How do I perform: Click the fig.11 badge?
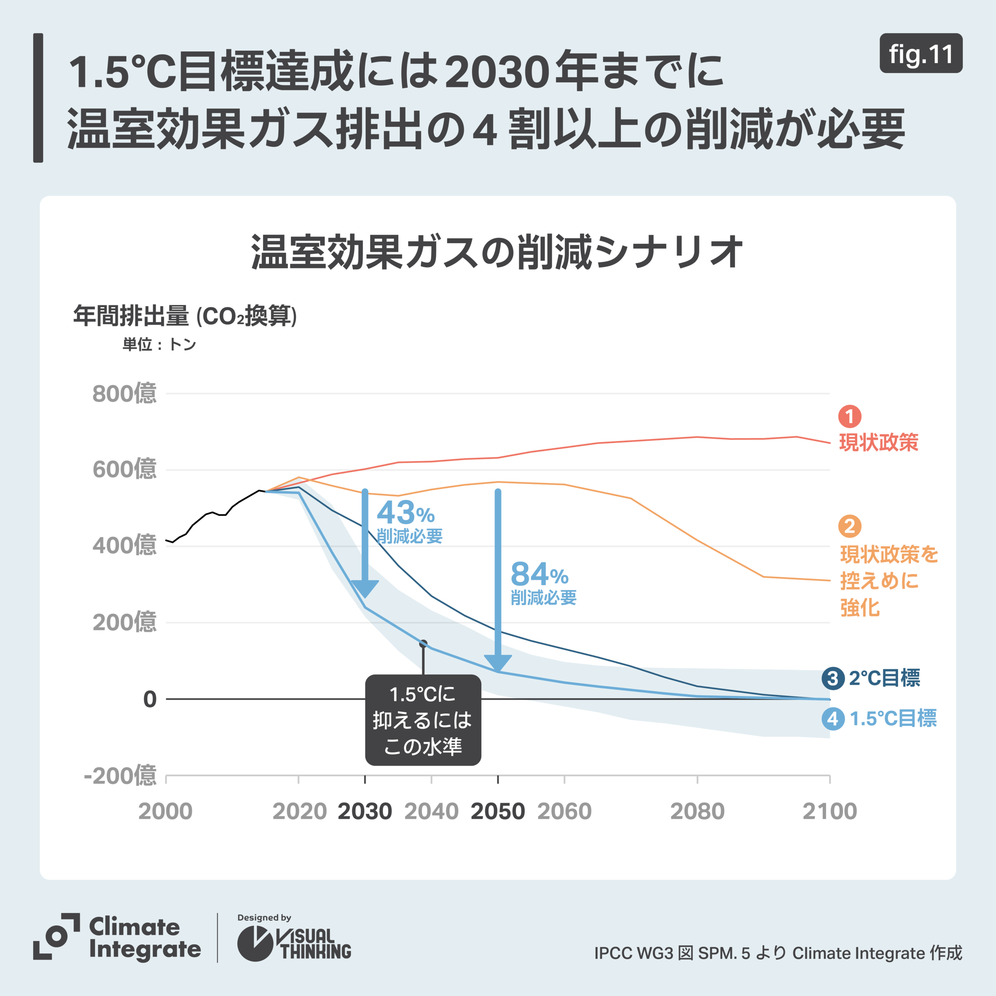[921, 54]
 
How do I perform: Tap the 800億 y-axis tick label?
[124, 394]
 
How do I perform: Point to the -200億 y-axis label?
[120, 775]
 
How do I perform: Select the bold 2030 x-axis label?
[365, 812]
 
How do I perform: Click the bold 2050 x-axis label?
[498, 812]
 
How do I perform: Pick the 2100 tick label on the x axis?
[829, 812]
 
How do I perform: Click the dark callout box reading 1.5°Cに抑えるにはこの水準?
[423, 720]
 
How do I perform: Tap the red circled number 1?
[850, 417]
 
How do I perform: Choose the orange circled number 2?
[850, 526]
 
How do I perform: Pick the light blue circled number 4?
[833, 719]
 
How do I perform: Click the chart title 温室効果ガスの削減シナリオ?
[498, 252]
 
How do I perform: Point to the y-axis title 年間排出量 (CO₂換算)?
[184, 316]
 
